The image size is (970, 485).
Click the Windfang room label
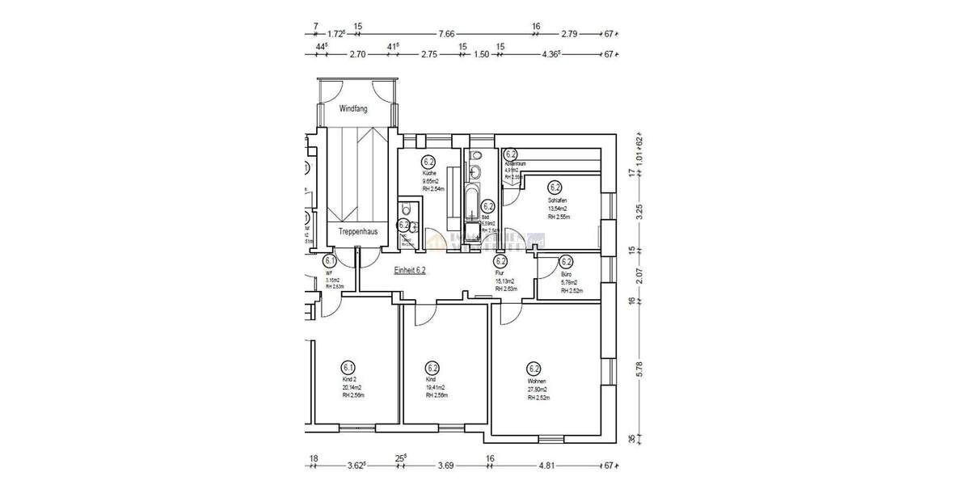coord(353,108)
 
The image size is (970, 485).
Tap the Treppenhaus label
coord(358,231)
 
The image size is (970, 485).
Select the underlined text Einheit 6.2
coord(410,271)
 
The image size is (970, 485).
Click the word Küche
coord(429,174)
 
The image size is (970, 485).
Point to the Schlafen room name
coord(557,200)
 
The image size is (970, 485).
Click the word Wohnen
coord(537,382)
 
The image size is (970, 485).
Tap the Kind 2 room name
coord(350,378)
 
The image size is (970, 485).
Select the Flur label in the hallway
coord(499,274)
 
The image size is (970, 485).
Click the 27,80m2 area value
coord(540,390)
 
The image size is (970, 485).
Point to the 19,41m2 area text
coord(435,387)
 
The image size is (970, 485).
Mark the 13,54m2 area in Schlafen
coord(559,209)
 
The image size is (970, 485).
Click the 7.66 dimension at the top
coord(447,34)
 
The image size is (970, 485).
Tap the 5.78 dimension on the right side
coord(639,369)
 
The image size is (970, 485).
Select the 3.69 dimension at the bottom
coord(446,466)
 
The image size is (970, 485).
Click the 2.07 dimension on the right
coord(639,273)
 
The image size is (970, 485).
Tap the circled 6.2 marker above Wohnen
coord(533,367)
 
